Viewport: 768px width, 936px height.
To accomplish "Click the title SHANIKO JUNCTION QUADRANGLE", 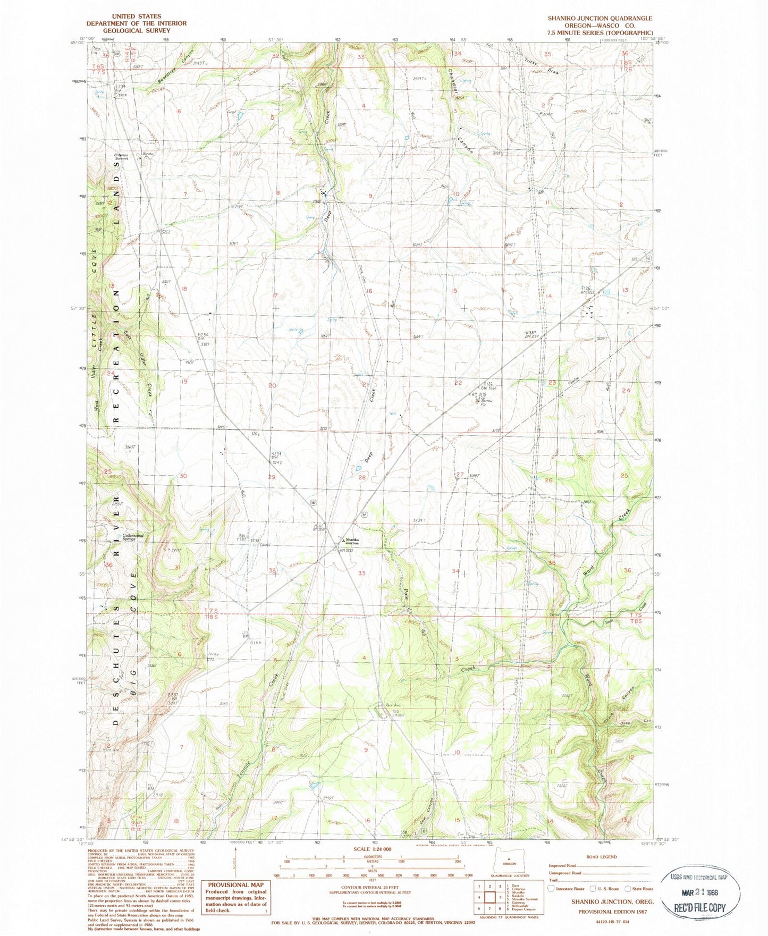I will click(600, 18).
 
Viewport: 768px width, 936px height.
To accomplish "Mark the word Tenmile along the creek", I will click(239, 766).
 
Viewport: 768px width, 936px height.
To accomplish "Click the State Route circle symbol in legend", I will click(628, 888).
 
